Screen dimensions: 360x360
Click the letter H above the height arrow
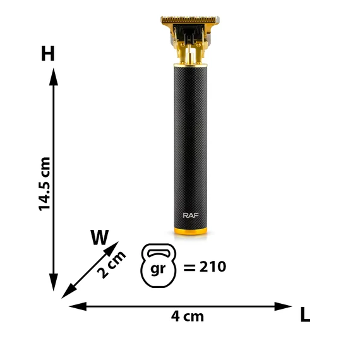(x=48, y=53)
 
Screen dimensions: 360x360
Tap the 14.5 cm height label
(x=44, y=184)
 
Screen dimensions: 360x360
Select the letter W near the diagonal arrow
(x=100, y=237)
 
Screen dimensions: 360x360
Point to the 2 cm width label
(x=111, y=265)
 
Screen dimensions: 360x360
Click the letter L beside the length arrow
(x=305, y=315)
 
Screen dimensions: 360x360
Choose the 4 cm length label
(x=188, y=316)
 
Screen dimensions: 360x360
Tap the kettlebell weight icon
(x=159, y=265)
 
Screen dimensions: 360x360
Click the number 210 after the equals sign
(x=213, y=267)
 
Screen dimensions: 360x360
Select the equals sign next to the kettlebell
(x=189, y=267)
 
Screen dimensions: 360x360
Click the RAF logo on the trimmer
(x=191, y=215)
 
